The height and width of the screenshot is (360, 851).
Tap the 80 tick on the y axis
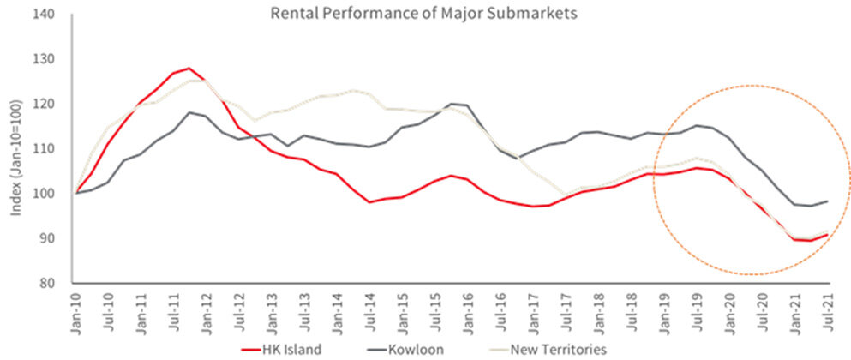(56, 283)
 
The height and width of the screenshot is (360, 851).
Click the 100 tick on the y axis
(53, 194)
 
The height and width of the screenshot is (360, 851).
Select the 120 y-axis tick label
(53, 105)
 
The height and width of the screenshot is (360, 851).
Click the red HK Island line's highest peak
(189, 68)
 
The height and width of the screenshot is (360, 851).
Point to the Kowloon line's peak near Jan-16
(452, 104)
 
